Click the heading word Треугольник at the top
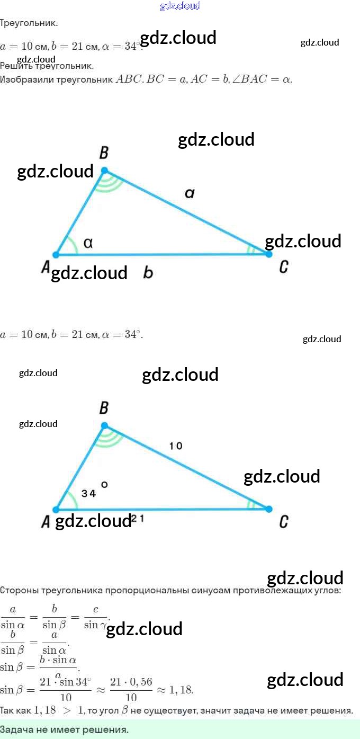[29, 23]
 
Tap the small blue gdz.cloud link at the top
[180, 6]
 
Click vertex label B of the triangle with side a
[104, 153]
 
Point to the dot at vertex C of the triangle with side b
[268, 254]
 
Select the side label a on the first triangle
[190, 194]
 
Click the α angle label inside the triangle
[88, 243]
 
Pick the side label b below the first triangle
[148, 273]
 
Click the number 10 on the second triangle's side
[176, 446]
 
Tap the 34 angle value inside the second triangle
[89, 494]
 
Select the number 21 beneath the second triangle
[138, 520]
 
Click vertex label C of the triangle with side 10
[284, 522]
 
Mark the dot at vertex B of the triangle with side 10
[104, 425]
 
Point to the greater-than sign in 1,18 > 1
[67, 710]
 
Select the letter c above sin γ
[96, 610]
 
